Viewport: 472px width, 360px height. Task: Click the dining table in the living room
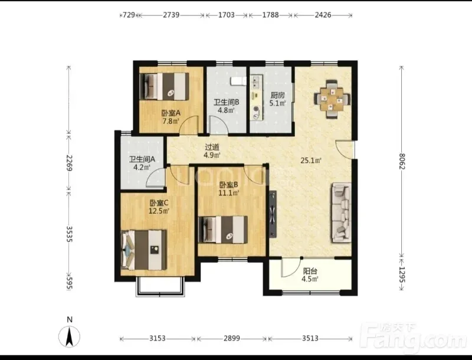pos(332,99)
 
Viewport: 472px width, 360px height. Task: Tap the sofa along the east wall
pos(342,212)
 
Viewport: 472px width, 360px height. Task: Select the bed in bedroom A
pos(165,86)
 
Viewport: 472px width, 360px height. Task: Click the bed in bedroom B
pos(223,230)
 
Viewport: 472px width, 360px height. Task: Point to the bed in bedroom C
pos(144,250)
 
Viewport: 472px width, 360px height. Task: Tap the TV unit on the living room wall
pos(273,214)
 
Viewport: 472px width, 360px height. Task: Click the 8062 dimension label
pos(402,162)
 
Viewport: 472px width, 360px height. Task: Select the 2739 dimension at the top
pos(171,15)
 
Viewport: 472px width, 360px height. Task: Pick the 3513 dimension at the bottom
pos(310,338)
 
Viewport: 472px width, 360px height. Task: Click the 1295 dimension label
pos(402,275)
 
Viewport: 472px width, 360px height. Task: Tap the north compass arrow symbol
pos(70,336)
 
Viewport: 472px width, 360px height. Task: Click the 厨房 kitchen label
pos(277,96)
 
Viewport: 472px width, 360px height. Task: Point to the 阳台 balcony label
pos(310,271)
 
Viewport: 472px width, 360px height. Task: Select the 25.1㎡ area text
pos(311,161)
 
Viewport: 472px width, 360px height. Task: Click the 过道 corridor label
pos(212,148)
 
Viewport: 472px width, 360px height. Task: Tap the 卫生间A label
pos(142,159)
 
